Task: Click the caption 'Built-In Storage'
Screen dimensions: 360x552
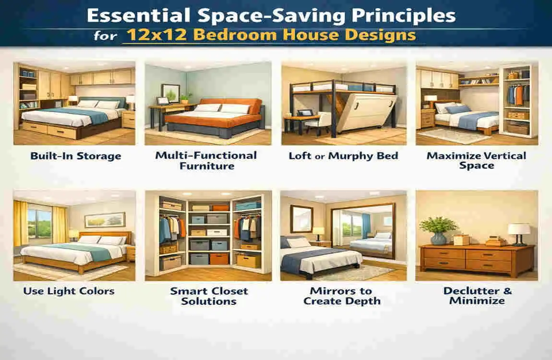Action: click(75, 156)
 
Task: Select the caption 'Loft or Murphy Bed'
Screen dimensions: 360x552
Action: click(343, 156)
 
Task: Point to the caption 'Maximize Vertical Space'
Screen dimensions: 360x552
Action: click(476, 160)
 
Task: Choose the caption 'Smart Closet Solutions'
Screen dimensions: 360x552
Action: click(209, 296)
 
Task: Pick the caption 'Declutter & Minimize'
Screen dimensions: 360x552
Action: click(477, 296)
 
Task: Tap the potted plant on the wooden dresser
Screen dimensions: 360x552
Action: click(439, 230)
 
